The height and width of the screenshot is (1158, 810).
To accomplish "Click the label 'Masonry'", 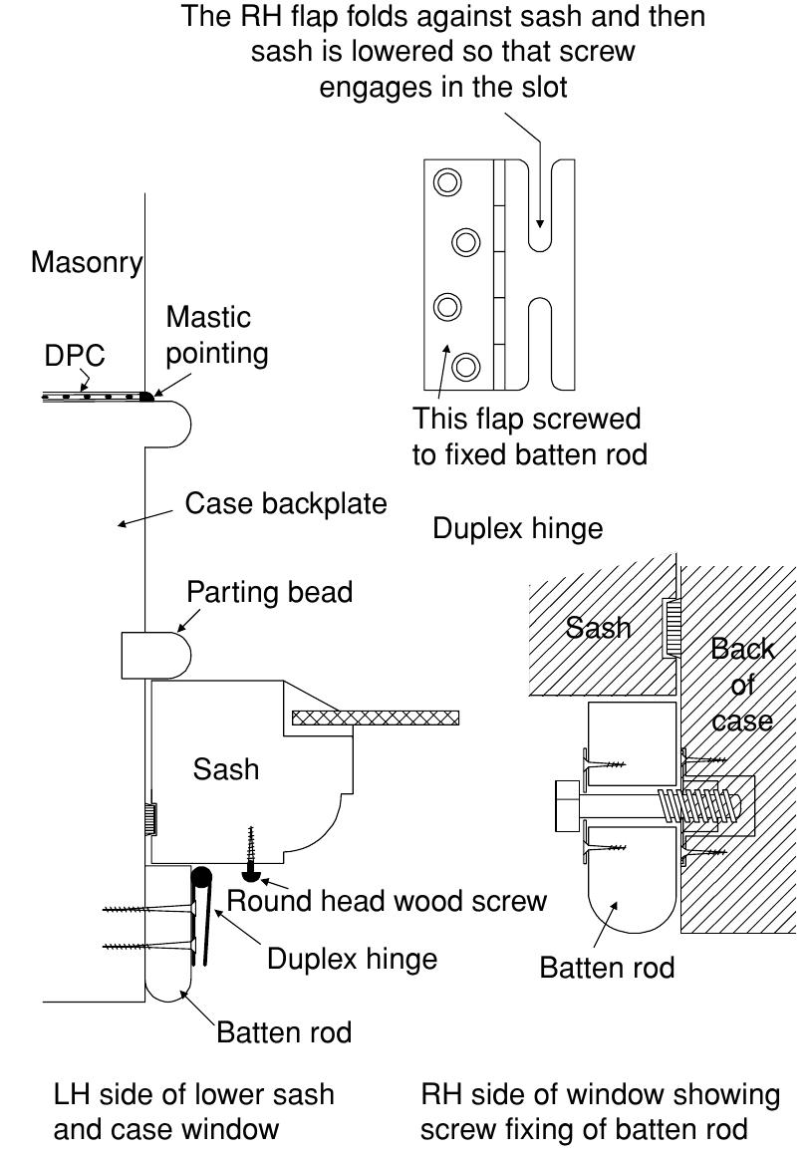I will [x=87, y=264].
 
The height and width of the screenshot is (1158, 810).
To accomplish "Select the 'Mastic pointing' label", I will [x=215, y=335].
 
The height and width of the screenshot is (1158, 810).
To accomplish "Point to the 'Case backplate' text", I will [x=285, y=504].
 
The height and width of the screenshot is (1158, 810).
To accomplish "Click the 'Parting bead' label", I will [x=269, y=593].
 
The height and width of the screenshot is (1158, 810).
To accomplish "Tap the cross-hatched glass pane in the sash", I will [x=376, y=718].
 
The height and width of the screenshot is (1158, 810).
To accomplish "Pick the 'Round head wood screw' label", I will [x=387, y=901].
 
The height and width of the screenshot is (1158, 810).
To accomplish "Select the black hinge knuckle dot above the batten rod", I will [x=201, y=878].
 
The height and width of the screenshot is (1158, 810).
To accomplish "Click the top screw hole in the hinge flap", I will [x=446, y=182].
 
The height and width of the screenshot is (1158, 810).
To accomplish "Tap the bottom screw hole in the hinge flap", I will [x=464, y=368].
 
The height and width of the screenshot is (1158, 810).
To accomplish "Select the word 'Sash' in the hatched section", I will [x=599, y=628].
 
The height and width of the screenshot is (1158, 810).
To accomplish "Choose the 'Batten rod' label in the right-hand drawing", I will [x=607, y=968].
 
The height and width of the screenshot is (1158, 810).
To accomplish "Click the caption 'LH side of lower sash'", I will [x=193, y=1095].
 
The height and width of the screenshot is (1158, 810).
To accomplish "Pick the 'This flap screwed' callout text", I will [x=526, y=418].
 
